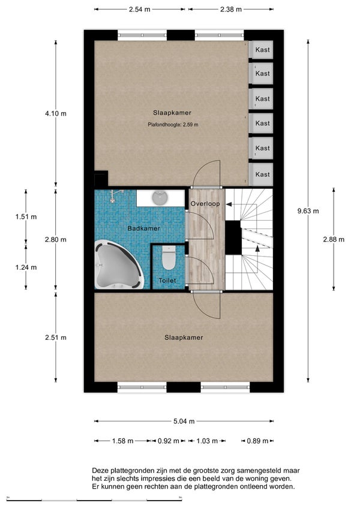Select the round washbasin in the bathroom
tap(160, 198)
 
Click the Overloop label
tap(205, 204)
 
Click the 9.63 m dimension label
tap(308, 211)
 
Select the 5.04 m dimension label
tap(184, 421)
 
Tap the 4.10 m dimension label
tap(56, 114)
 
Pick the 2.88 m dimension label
tap(334, 240)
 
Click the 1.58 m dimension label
tap(122, 441)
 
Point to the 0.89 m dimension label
tap(257, 441)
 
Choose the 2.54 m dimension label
tap(140, 10)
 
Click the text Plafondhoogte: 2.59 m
tap(173, 124)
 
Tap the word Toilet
tap(167, 281)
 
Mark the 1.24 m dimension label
tap(26, 267)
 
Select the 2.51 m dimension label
tap(56, 338)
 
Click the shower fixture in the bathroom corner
tap(115, 195)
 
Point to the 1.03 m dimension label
tap(207, 441)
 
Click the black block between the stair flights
tap(233, 237)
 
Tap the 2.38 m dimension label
tap(231, 10)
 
